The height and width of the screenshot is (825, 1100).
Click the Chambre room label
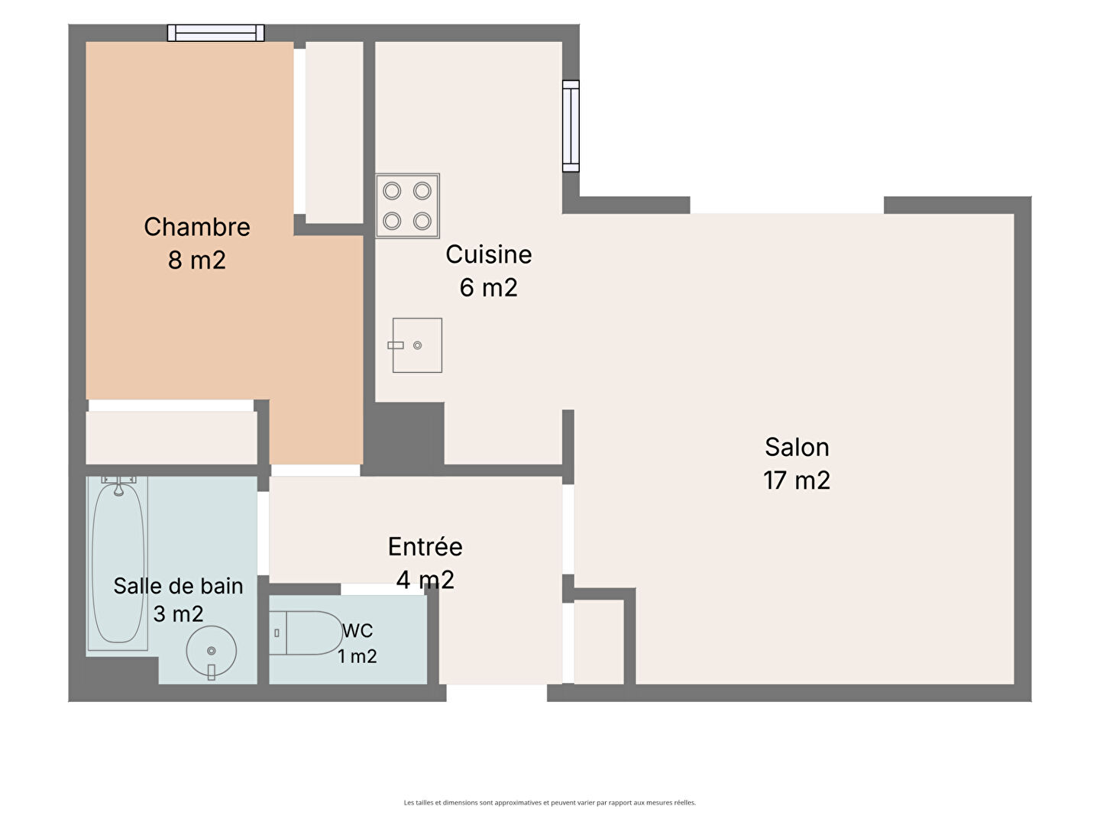[x=197, y=227]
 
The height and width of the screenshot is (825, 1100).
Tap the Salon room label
[x=797, y=448]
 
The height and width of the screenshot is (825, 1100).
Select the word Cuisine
[x=489, y=254]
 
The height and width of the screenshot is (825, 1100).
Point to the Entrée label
[x=425, y=546]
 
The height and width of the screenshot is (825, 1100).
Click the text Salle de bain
[x=179, y=586]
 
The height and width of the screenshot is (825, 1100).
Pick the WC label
[x=357, y=631]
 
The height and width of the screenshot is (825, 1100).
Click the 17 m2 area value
[x=797, y=480]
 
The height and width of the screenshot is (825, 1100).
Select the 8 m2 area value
[x=197, y=260]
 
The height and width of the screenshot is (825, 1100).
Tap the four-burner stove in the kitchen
[x=407, y=206]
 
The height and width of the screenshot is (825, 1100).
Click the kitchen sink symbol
[x=417, y=345]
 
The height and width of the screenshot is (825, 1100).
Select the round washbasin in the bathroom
[x=212, y=652]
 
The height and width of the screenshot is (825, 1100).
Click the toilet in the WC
[x=306, y=633]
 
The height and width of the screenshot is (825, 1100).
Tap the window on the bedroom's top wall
[x=216, y=33]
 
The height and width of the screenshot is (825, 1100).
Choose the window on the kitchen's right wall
[x=571, y=126]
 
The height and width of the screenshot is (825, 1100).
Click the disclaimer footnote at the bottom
[x=550, y=802]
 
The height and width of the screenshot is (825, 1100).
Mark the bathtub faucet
[x=118, y=485]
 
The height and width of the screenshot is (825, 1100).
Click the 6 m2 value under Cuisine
[x=489, y=287]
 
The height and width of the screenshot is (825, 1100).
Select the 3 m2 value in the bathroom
[x=179, y=614]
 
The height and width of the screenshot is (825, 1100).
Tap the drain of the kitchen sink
[x=417, y=345]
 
